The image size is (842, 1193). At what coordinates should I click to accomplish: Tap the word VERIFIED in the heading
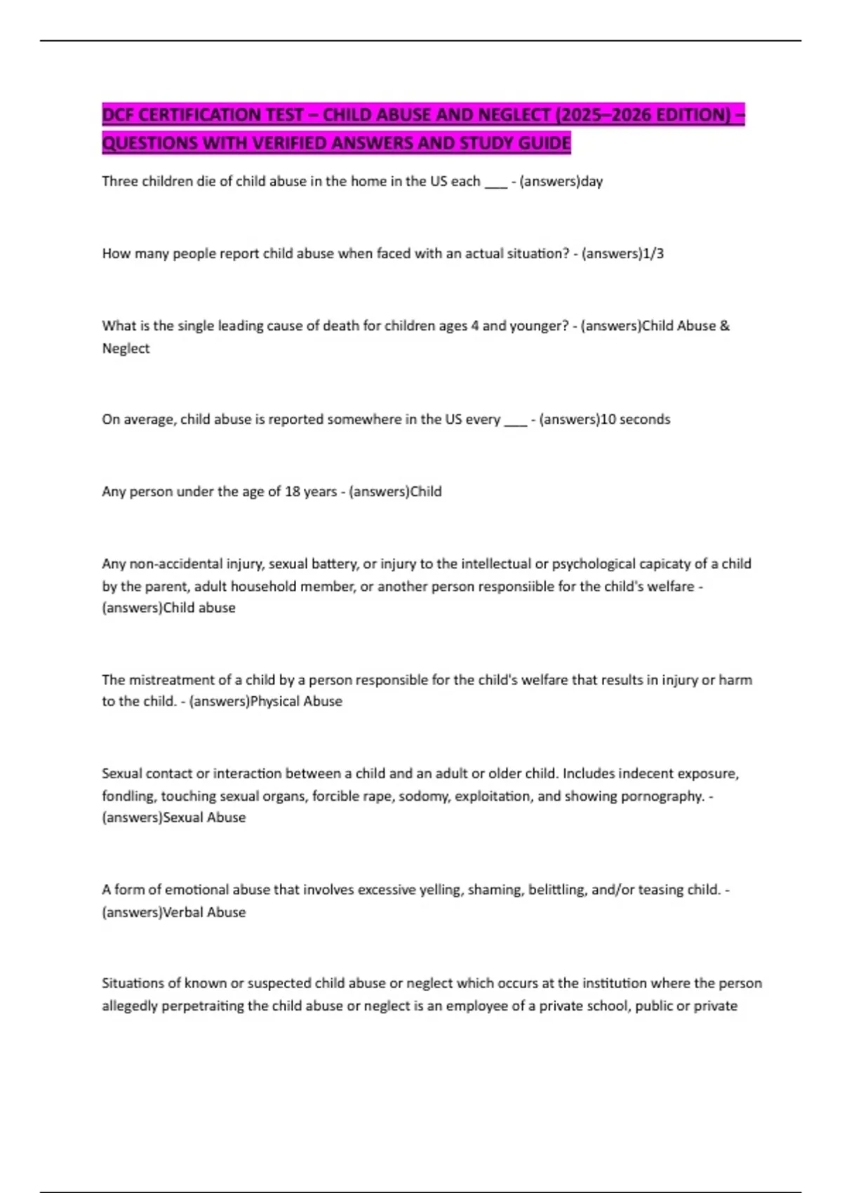coord(288,143)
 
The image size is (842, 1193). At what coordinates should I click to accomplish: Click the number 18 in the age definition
coord(292,492)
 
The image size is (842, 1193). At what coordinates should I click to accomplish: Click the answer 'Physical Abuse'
coord(297,701)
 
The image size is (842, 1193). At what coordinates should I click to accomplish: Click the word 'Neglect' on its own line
coord(126,349)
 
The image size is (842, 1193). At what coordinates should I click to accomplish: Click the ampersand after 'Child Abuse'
coord(725,326)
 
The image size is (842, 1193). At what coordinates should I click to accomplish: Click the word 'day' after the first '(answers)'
coord(592,182)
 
